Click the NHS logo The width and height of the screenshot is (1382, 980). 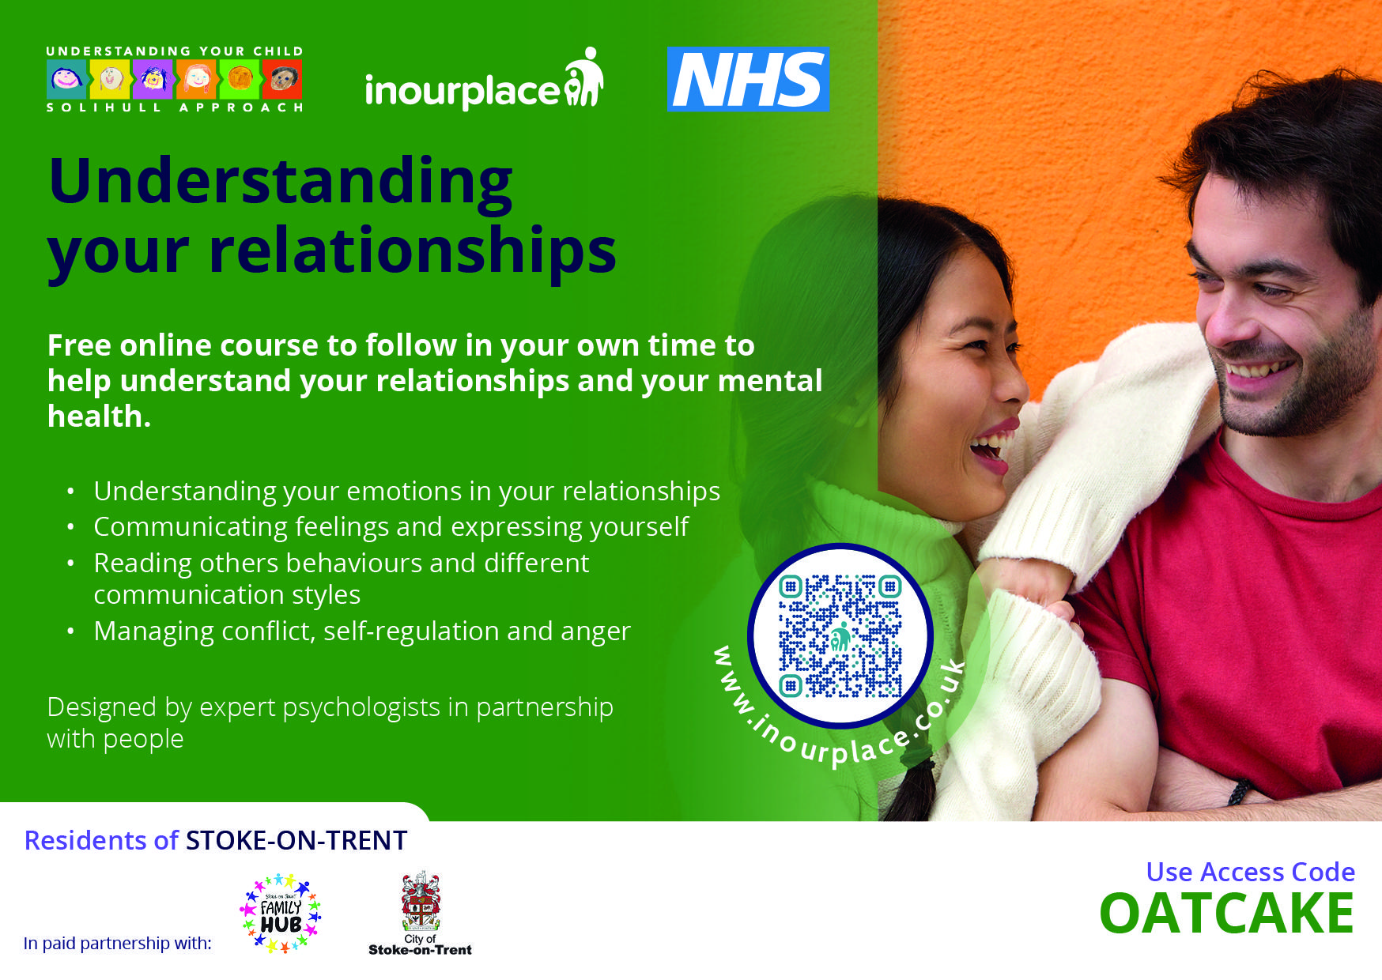click(748, 79)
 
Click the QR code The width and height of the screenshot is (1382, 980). click(840, 636)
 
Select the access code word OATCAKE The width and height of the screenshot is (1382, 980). click(1226, 914)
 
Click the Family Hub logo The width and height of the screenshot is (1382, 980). click(281, 913)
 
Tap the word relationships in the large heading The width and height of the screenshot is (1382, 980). click(412, 251)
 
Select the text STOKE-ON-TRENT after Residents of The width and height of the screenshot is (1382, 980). click(296, 840)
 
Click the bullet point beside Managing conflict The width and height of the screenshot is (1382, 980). click(71, 631)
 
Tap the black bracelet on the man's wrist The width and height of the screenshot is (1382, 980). click(1239, 792)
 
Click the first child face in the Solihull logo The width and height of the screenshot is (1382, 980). click(66, 80)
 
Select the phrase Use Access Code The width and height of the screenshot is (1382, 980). click(1250, 872)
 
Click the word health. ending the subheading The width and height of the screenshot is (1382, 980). click(99, 416)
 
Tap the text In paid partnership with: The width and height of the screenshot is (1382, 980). click(118, 943)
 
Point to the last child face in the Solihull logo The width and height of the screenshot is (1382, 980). click(282, 80)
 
